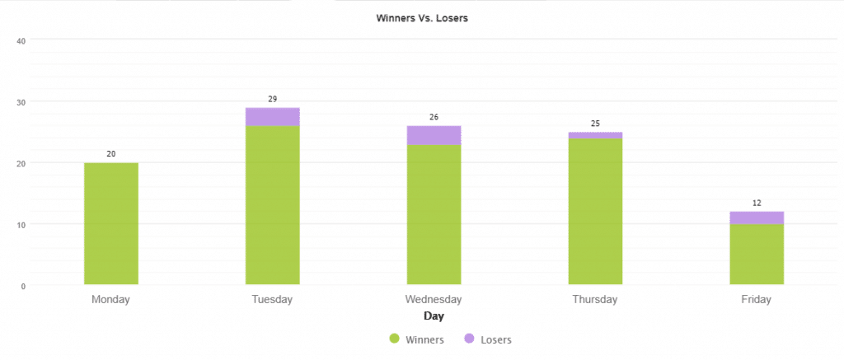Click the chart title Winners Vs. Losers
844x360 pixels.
click(x=422, y=18)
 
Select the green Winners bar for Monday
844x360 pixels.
click(x=111, y=224)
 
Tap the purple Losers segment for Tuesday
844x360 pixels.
click(x=273, y=117)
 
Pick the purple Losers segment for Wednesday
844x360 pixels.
click(x=434, y=135)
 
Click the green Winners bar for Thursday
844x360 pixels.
click(x=595, y=212)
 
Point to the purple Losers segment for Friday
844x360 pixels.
click(x=757, y=217)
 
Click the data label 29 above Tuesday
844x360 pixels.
click(x=273, y=100)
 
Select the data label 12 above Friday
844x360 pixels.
click(x=757, y=203)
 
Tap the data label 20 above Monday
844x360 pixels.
click(x=111, y=154)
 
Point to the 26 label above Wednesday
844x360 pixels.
click(x=434, y=118)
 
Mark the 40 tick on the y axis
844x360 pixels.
click(x=22, y=40)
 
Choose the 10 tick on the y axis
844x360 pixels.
click(x=22, y=225)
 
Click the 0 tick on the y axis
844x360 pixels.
click(x=24, y=286)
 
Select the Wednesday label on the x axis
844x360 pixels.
click(x=434, y=300)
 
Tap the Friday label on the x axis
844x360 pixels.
click(x=757, y=300)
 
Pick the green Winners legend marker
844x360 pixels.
click(x=394, y=339)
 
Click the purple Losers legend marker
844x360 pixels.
click(x=469, y=339)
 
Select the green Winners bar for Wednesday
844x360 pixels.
click(x=434, y=214)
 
